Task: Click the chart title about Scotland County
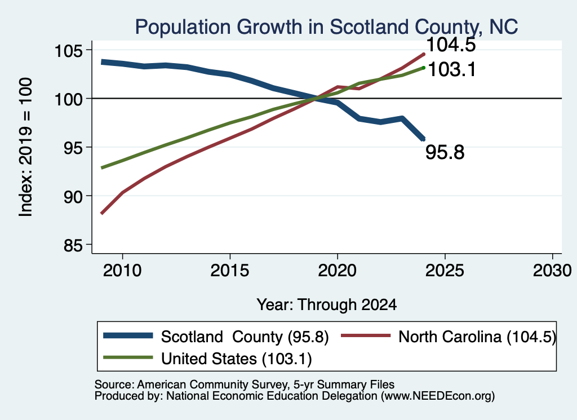[326, 26]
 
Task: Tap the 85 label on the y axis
[73, 245]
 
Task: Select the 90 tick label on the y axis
[73, 197]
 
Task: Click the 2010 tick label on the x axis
[122, 271]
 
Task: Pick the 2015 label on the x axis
[230, 271]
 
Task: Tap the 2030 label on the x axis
[552, 271]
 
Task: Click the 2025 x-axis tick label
[445, 271]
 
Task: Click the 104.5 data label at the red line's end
[451, 45]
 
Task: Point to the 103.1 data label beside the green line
[452, 69]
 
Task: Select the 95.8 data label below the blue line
[445, 152]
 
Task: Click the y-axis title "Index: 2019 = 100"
[25, 147]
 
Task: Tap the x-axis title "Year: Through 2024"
[326, 305]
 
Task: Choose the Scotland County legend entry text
[245, 337]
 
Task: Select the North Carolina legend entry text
[477, 337]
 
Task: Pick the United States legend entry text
[236, 359]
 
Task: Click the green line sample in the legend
[128, 357]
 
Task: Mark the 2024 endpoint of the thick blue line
[424, 139]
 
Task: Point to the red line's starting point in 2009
[102, 213]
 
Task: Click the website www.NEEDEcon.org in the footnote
[437, 396]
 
